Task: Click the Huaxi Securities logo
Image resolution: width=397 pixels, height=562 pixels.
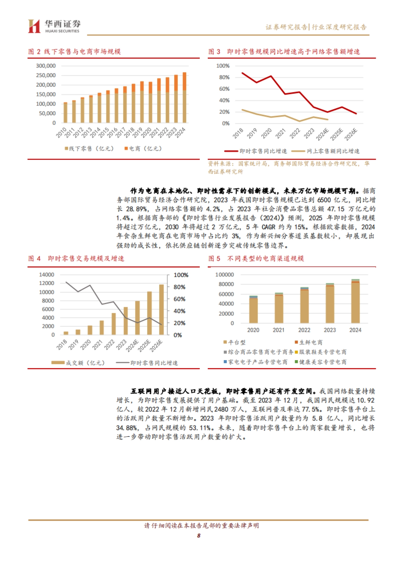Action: click(x=54, y=26)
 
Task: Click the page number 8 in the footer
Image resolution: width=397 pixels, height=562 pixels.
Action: click(x=198, y=536)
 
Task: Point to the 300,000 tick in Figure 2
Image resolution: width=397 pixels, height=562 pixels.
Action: click(x=46, y=66)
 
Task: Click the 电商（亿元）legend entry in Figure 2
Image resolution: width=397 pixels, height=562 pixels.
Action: click(x=143, y=149)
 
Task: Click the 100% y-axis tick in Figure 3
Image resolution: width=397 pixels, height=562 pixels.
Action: click(x=223, y=66)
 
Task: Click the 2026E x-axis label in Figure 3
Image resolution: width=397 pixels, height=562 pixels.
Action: click(x=351, y=134)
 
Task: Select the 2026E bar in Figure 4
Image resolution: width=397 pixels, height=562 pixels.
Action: click(x=161, y=309)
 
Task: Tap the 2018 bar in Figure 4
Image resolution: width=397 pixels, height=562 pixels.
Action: click(x=66, y=333)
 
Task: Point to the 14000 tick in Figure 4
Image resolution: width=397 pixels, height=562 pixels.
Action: click(x=46, y=275)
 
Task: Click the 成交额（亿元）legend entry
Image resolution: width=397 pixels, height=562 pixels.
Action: click(x=78, y=363)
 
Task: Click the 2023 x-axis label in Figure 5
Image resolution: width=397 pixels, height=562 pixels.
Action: click(x=330, y=330)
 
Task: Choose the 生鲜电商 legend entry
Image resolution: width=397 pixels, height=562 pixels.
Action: click(x=308, y=342)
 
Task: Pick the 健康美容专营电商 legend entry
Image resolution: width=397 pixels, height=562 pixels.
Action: click(x=320, y=362)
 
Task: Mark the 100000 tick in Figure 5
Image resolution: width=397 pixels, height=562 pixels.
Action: click(x=224, y=275)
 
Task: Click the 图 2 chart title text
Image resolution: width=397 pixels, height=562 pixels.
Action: click(x=74, y=52)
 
